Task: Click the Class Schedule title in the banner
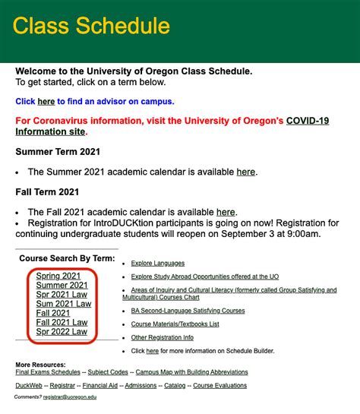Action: tap(91, 26)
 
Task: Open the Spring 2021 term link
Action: tap(58, 276)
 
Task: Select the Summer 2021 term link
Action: tap(62, 286)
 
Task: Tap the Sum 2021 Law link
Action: tap(64, 304)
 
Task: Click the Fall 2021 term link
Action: tap(53, 313)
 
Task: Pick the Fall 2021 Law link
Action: tap(62, 323)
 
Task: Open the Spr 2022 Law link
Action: tap(62, 332)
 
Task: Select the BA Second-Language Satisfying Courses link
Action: tap(188, 311)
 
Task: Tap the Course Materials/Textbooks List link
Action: tap(175, 324)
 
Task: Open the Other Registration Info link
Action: tap(162, 337)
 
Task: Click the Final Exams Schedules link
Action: tap(47, 372)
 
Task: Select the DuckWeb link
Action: tap(29, 386)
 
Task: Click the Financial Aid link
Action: tap(100, 386)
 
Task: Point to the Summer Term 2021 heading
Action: tap(58, 151)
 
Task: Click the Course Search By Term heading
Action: tap(67, 259)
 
